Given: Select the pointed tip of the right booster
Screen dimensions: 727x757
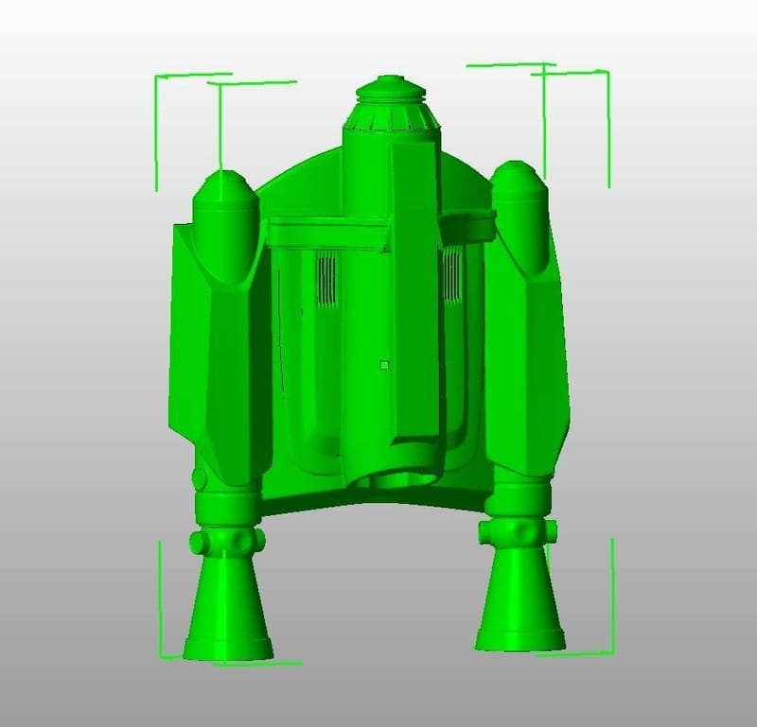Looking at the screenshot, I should (516, 174).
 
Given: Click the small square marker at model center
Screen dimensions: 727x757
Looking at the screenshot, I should (383, 363).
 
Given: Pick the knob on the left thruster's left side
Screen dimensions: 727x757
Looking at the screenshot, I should (196, 543).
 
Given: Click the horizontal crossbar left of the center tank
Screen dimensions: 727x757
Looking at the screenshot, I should (326, 228).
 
